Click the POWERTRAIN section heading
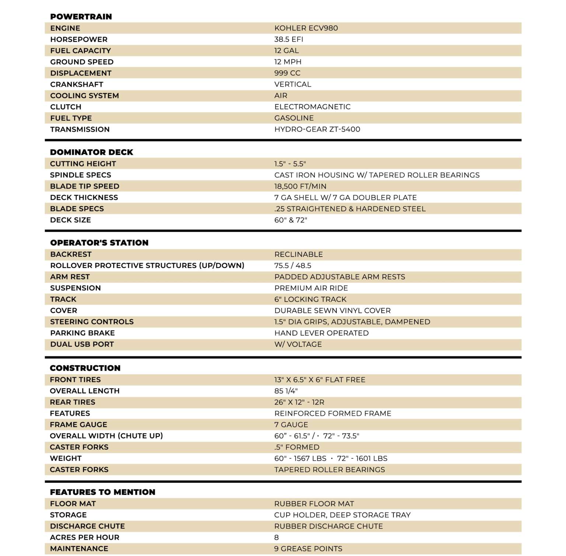(x=81, y=17)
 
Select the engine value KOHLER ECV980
(x=306, y=28)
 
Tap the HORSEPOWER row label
(x=79, y=39)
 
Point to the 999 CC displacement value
(x=287, y=73)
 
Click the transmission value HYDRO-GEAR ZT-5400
(x=317, y=129)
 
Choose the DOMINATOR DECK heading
(x=91, y=152)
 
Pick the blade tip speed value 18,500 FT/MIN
(x=300, y=186)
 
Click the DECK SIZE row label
(x=70, y=220)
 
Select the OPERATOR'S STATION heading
(x=99, y=243)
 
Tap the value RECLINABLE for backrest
(x=298, y=254)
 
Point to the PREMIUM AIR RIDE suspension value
(x=311, y=288)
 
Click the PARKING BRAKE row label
(x=83, y=333)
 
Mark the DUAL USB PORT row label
(x=82, y=344)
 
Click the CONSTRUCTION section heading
(x=85, y=368)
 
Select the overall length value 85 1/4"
(x=286, y=391)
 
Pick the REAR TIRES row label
(x=73, y=402)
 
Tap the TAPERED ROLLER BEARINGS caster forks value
(x=329, y=470)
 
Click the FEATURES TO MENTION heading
(x=102, y=492)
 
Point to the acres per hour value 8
(x=276, y=538)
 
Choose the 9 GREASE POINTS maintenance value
(x=308, y=549)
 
